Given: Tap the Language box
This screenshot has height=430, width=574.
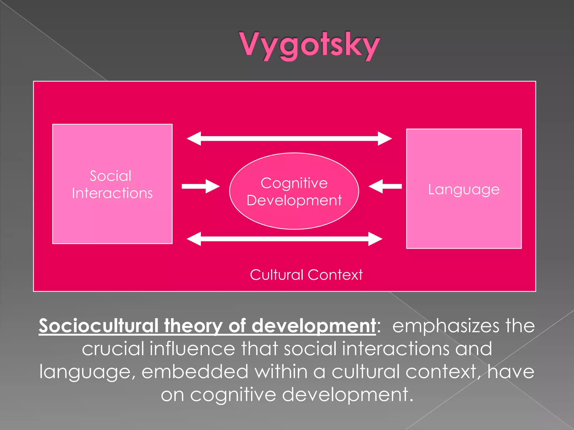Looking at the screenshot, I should click(x=464, y=218).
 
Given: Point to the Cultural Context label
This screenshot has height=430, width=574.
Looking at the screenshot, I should click(x=306, y=275).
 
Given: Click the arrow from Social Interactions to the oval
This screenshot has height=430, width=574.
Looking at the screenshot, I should click(x=200, y=186).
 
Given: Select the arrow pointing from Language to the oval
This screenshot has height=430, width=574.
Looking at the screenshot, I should click(x=385, y=186).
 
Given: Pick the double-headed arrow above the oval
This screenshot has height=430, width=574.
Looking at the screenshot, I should click(x=289, y=138).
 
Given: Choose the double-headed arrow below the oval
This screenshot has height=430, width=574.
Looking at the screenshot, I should click(x=284, y=239).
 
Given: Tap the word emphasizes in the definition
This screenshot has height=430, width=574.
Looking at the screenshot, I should click(x=445, y=326).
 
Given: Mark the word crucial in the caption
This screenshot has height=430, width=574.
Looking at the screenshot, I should click(x=112, y=349).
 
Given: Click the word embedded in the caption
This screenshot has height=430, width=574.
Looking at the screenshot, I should click(x=195, y=372).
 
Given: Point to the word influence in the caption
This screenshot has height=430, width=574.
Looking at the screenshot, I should click(x=193, y=349).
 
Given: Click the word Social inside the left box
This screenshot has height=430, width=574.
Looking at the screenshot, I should click(x=110, y=176).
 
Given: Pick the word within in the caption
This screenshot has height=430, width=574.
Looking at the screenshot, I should click(x=281, y=372).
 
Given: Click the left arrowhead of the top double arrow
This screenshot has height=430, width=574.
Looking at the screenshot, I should click(x=194, y=138).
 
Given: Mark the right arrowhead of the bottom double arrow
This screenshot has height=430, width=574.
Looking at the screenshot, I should click(x=375, y=239).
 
